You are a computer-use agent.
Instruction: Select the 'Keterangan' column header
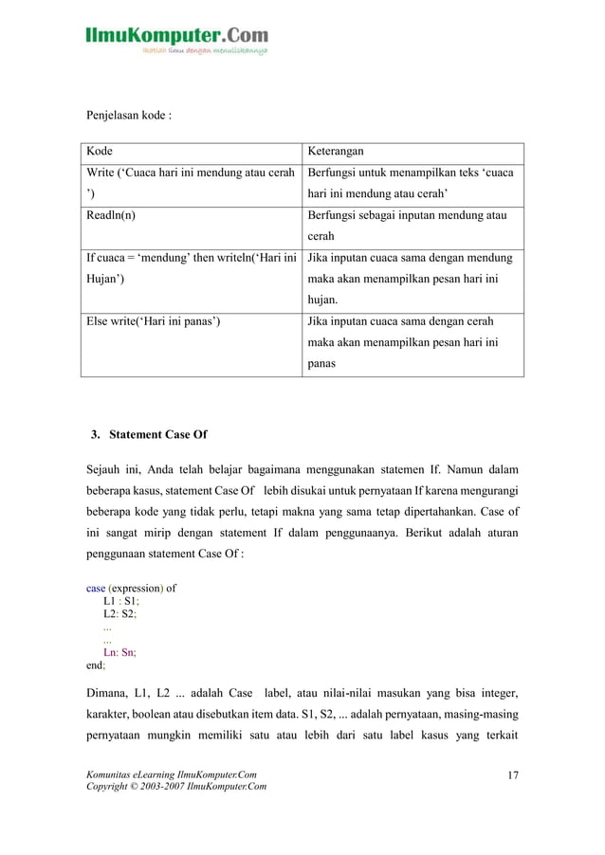click(337, 152)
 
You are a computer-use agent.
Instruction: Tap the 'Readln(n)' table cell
click(111, 215)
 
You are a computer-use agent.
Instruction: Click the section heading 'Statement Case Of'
click(157, 435)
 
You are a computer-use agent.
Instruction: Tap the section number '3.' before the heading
click(96, 435)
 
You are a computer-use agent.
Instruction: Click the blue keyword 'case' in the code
click(96, 588)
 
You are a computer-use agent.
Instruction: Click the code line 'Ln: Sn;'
click(120, 652)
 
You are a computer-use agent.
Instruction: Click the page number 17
click(513, 777)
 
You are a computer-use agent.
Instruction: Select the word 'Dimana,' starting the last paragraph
click(109, 692)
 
